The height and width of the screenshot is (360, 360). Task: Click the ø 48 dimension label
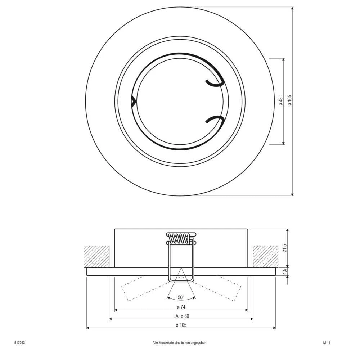pyautogui.click(x=281, y=101)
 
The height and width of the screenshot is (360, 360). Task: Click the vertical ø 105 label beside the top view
pyautogui.click(x=289, y=101)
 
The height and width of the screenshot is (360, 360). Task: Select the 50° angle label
pyautogui.click(x=181, y=297)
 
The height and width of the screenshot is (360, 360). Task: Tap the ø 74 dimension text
pyautogui.click(x=181, y=307)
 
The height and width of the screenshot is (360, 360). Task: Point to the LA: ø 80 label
pyautogui.click(x=181, y=316)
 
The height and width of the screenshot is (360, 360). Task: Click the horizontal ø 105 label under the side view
pyautogui.click(x=181, y=325)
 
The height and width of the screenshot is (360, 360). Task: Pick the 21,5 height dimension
pyautogui.click(x=285, y=248)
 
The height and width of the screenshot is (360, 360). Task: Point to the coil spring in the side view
pyautogui.click(x=179, y=238)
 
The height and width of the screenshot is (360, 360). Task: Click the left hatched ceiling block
pyautogui.click(x=96, y=256)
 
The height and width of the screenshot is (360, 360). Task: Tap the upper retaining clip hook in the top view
pyautogui.click(x=214, y=83)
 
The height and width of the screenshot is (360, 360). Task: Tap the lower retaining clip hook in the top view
pyautogui.click(x=214, y=120)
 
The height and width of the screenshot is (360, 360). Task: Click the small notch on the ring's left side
pyautogui.click(x=133, y=101)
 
